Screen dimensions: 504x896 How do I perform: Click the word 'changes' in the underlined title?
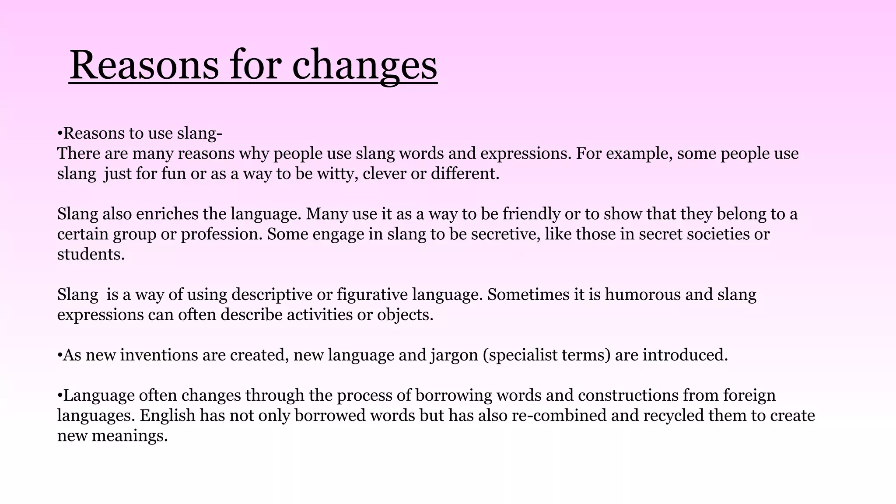(x=364, y=66)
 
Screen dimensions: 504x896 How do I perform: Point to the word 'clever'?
(x=383, y=174)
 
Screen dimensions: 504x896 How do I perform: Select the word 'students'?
(x=90, y=254)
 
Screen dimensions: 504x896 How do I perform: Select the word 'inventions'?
(x=159, y=355)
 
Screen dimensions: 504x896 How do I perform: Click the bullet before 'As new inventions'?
(x=60, y=355)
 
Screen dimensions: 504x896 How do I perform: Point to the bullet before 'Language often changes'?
(x=60, y=395)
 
